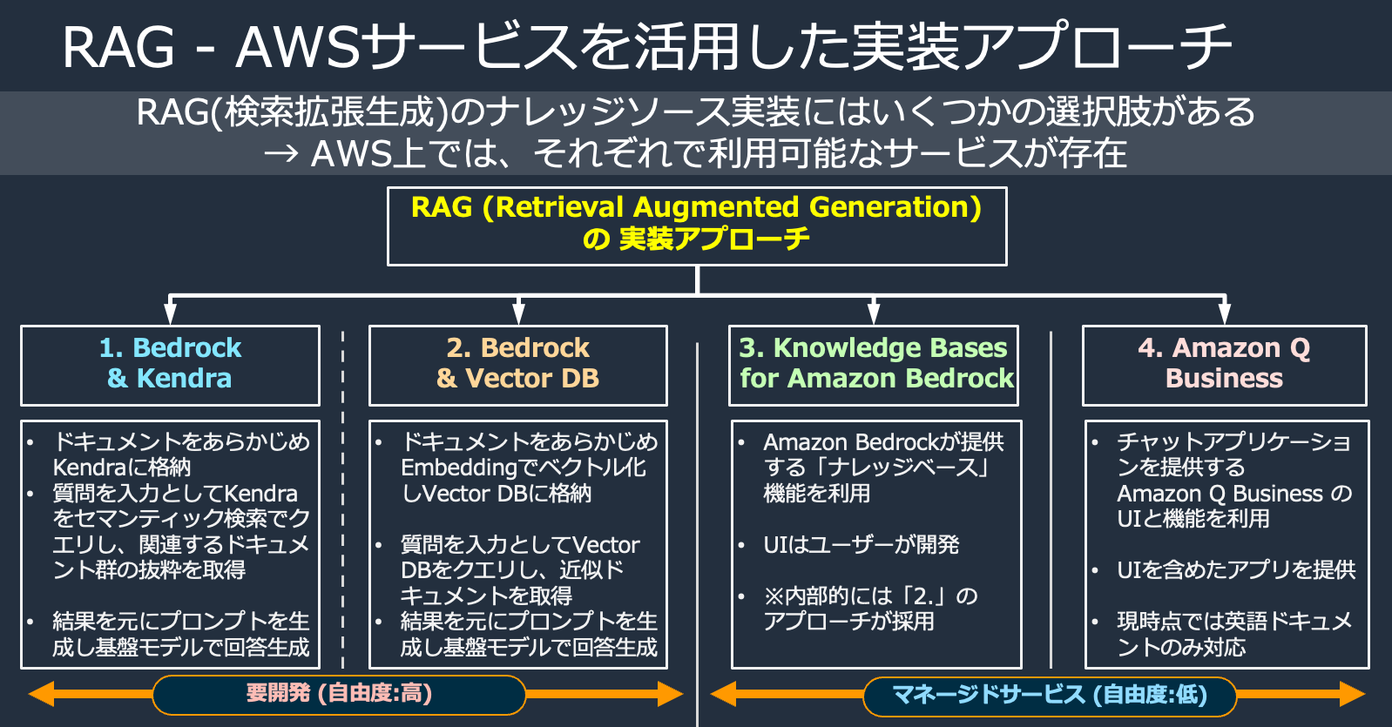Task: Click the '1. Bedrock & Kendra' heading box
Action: (170, 365)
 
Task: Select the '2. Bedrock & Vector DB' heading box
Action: (517, 365)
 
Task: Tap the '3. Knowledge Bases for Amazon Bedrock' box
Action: (873, 365)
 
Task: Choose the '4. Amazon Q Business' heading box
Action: (1224, 365)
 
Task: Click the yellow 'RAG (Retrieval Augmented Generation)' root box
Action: (697, 226)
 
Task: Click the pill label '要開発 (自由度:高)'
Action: (339, 694)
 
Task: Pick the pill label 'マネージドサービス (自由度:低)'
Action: (1050, 695)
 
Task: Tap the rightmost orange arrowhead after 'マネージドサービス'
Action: (1352, 694)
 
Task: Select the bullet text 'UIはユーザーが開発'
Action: (861, 545)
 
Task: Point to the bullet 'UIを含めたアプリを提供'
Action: (1236, 570)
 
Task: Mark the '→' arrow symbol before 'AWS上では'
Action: (283, 154)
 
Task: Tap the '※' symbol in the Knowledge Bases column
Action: (773, 596)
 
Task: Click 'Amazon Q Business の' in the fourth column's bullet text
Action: (1234, 494)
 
